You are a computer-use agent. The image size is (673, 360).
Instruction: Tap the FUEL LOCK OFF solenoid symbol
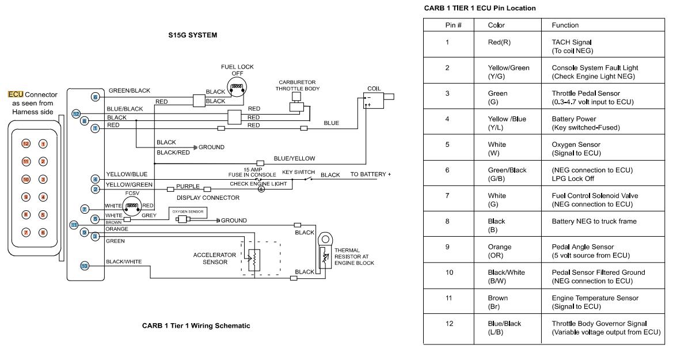(237, 88)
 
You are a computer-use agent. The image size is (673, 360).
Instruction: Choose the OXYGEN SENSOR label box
(185, 211)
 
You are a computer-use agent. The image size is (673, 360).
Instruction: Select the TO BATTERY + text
(370, 175)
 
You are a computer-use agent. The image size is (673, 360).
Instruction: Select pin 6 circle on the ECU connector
(43, 232)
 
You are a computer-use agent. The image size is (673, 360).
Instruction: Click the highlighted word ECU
(15, 94)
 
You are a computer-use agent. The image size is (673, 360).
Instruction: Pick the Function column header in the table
(565, 25)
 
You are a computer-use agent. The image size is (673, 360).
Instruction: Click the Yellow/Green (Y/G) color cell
(508, 72)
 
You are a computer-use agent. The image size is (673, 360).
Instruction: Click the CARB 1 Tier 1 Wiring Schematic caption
(196, 325)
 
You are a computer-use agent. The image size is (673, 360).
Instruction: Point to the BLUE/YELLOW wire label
(294, 158)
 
